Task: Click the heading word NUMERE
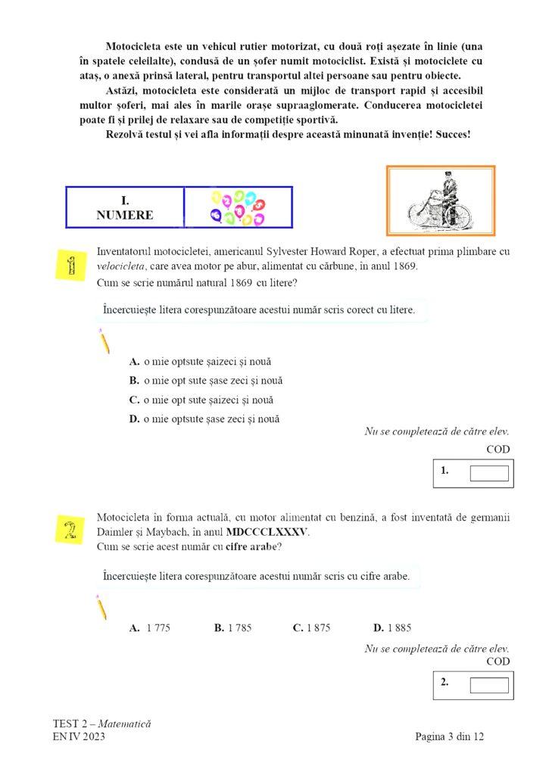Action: (125, 215)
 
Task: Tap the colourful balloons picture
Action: (237, 207)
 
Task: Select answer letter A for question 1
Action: (134, 362)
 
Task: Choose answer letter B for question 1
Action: (134, 381)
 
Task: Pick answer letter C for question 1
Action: (134, 400)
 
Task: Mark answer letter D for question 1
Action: (134, 419)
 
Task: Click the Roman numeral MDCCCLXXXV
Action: (267, 532)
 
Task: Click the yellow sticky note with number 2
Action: (70, 528)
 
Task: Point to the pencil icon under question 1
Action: (104, 342)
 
